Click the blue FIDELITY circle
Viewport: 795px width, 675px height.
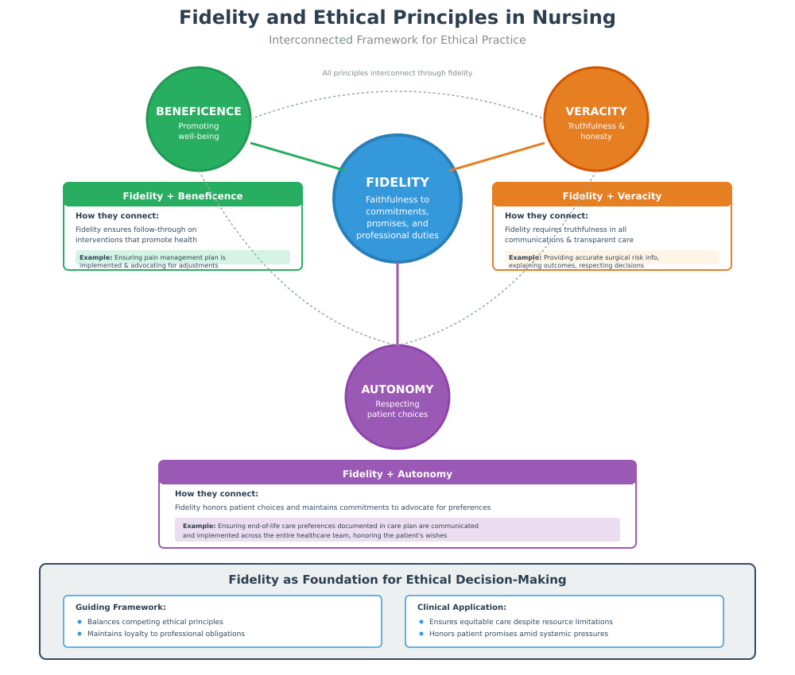(397, 199)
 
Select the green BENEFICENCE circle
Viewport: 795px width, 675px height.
(199, 119)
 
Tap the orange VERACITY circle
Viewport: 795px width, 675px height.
(596, 119)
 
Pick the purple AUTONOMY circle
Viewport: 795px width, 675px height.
(397, 397)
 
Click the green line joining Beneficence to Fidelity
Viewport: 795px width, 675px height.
(298, 156)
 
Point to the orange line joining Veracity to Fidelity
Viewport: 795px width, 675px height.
(497, 156)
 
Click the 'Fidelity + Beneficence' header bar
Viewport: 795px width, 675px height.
(183, 195)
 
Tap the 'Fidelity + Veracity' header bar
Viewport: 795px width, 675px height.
(612, 195)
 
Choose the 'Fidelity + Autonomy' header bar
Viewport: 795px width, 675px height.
(397, 473)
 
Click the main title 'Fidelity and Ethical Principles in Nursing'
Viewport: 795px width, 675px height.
(397, 17)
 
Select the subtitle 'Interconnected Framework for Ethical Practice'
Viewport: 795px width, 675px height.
(397, 40)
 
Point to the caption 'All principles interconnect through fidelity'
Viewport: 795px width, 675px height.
(397, 73)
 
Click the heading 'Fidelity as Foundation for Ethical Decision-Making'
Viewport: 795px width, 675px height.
(397, 580)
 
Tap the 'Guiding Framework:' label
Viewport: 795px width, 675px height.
(121, 607)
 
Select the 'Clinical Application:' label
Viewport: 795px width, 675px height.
(462, 607)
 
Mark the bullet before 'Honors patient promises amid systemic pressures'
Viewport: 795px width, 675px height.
(421, 634)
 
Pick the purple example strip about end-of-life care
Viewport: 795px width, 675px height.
(397, 530)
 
